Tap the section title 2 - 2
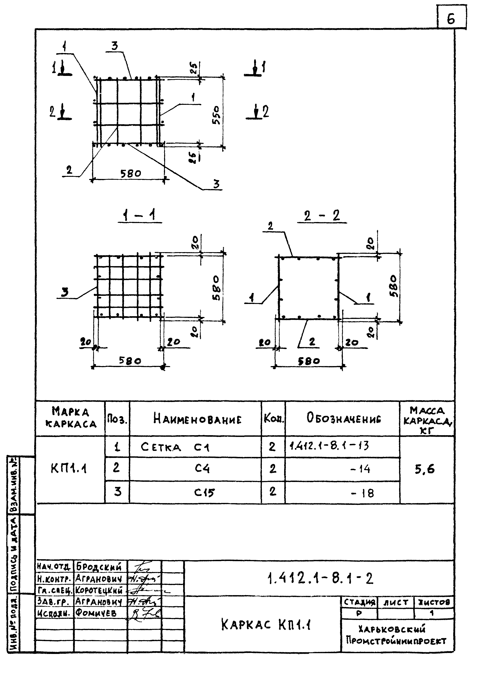coord(322,216)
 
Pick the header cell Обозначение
coord(344,418)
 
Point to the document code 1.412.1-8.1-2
coord(320,578)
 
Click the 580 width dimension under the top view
coord(130,173)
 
